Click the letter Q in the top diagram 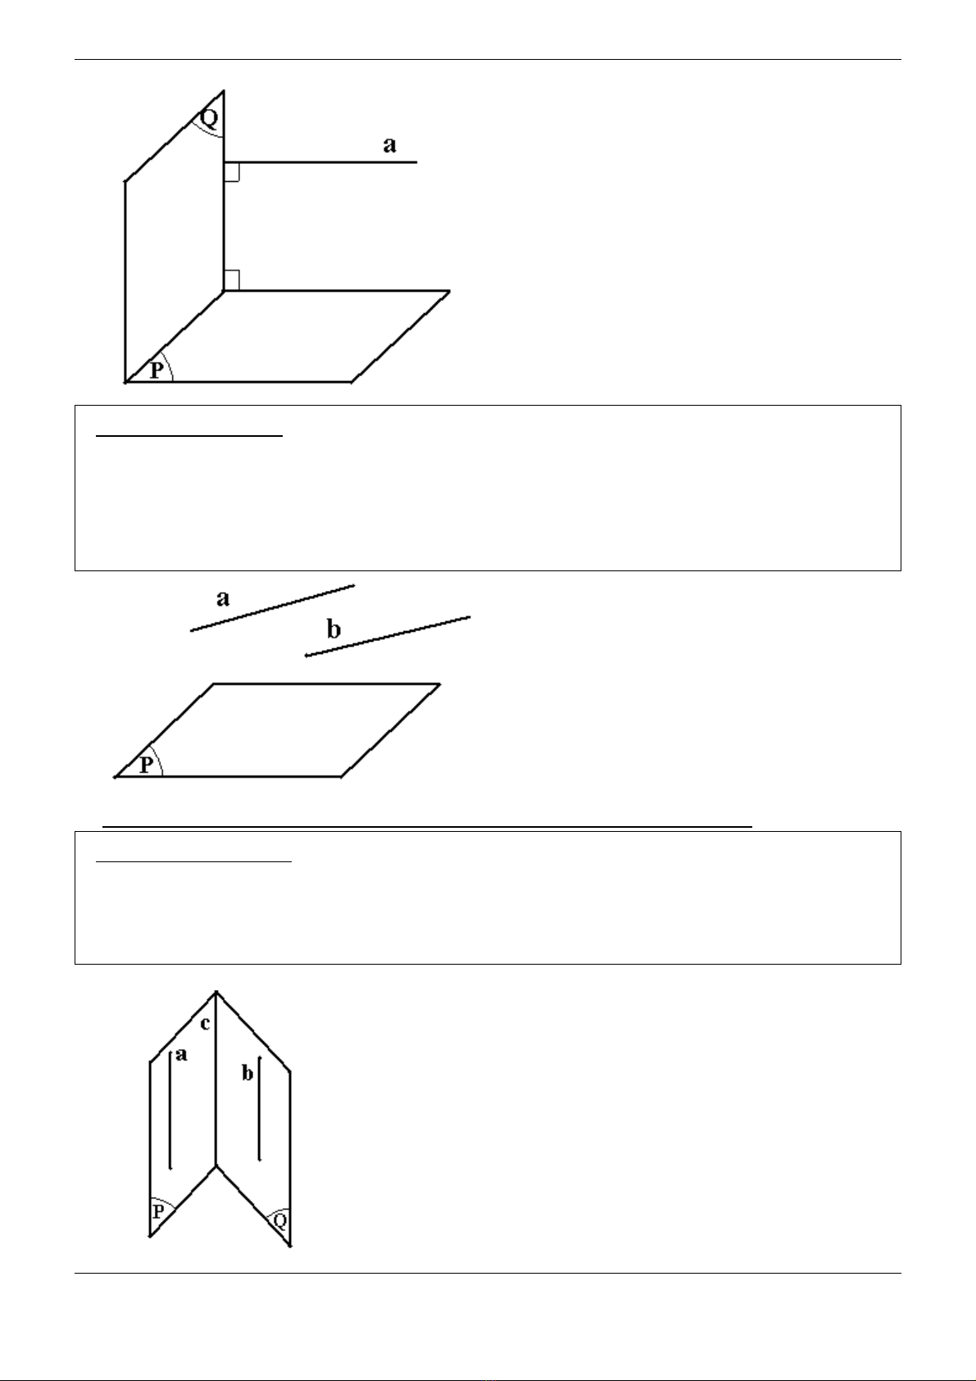[210, 117]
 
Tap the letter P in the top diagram [157, 370]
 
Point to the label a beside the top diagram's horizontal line [389, 146]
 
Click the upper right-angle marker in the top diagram [232, 173]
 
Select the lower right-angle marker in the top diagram [232, 280]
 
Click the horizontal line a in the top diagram [320, 162]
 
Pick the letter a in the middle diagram [223, 598]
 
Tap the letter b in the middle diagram [334, 629]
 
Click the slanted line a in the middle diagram [273, 608]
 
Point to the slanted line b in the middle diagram [388, 636]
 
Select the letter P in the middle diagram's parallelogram [146, 765]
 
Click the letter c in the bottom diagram [206, 1024]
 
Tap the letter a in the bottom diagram [181, 1055]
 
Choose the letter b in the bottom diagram [247, 1074]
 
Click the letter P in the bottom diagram [158, 1211]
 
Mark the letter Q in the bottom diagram [280, 1220]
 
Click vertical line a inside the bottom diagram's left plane [170, 1111]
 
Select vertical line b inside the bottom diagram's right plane [260, 1108]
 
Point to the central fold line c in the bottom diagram [216, 1079]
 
